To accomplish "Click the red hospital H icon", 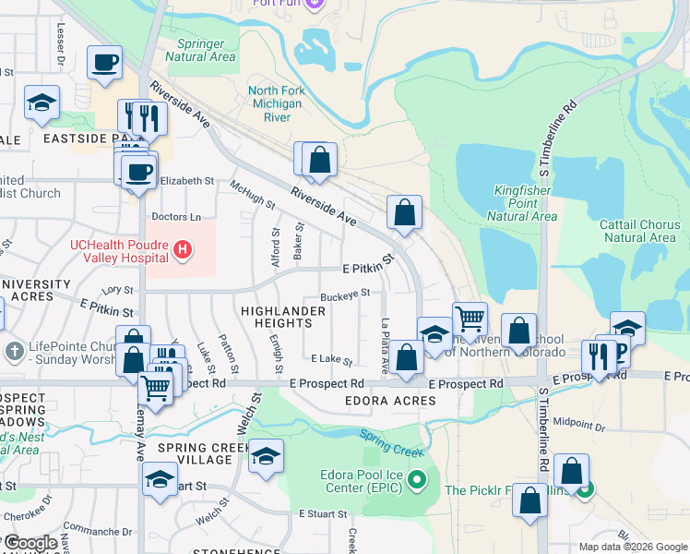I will click(x=184, y=249).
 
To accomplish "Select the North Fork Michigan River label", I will click(x=277, y=104).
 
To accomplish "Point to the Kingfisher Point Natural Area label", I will click(x=522, y=203).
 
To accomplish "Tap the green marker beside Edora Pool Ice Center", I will click(x=417, y=480).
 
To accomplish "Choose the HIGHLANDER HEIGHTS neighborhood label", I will click(x=282, y=317).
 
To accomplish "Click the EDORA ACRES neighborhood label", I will click(x=389, y=401).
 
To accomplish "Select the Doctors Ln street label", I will click(x=175, y=217).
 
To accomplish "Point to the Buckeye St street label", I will click(x=345, y=295).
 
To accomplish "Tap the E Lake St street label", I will click(x=332, y=358).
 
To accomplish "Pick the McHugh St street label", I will click(x=253, y=195).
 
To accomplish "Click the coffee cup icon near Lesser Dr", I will click(x=104, y=63).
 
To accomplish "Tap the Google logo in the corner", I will click(x=30, y=542).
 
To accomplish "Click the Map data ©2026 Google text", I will click(x=632, y=547).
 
